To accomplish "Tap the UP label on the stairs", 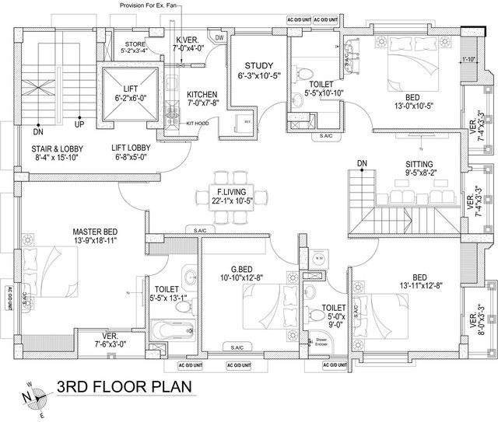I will pos(79,123).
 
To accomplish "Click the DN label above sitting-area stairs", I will pos(362,162).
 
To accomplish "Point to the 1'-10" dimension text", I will pos(468,59).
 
